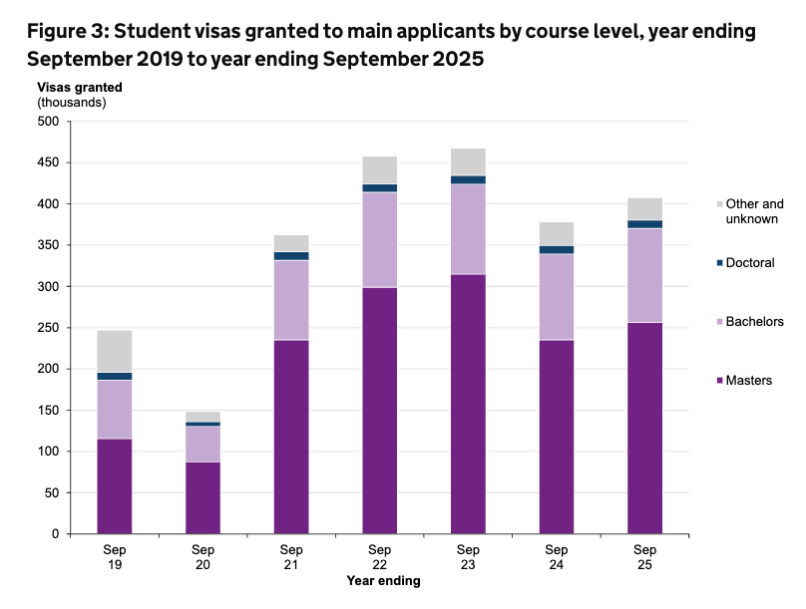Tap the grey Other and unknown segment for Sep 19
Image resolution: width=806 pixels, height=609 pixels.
114,351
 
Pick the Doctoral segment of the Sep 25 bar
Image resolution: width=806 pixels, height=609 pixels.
644,224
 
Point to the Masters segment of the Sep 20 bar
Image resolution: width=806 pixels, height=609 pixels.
202,497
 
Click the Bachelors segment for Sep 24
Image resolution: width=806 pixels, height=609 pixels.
556,297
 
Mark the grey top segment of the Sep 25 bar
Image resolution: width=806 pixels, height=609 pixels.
644,208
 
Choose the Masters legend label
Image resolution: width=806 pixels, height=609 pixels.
748,380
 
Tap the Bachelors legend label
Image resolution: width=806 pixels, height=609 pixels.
754,321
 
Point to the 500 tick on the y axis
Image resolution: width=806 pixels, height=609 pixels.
49,122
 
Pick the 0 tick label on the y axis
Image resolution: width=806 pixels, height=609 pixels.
56,534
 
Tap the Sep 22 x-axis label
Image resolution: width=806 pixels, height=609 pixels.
379,557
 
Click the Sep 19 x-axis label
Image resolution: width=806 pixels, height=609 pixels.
114,557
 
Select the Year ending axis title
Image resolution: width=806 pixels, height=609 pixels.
383,580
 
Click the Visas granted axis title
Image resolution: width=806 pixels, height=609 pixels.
80,87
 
